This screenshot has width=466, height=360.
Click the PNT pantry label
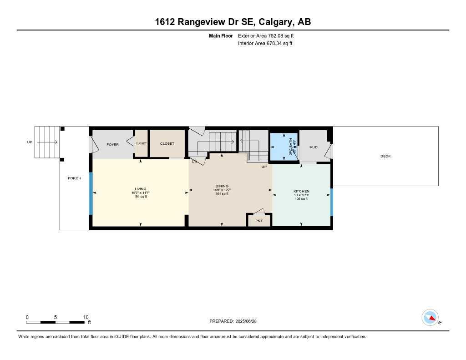[x=258, y=221]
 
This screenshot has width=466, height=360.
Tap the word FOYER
[x=112, y=145]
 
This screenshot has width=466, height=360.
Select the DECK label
[x=385, y=156]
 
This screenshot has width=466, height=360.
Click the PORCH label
[x=74, y=178]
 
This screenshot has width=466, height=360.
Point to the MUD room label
[x=313, y=147]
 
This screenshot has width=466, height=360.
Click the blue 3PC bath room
[x=284, y=147]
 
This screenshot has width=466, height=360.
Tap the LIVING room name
[x=140, y=188]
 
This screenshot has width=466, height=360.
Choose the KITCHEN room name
[x=301, y=191]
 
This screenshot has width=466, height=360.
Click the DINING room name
[x=222, y=186]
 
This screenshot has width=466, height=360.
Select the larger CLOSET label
[x=167, y=143]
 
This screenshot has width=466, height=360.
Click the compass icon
[x=430, y=317]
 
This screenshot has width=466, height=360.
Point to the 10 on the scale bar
[x=86, y=317]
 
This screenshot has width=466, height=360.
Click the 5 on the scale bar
[x=56, y=317]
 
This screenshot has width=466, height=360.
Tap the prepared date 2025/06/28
[x=249, y=321]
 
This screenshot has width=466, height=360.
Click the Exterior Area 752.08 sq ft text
[x=269, y=35]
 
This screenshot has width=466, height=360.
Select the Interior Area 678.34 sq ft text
[x=265, y=44]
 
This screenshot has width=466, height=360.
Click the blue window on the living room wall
[x=91, y=193]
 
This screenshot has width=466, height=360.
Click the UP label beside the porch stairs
[x=30, y=142]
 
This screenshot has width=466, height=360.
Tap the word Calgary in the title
[x=278, y=22]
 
